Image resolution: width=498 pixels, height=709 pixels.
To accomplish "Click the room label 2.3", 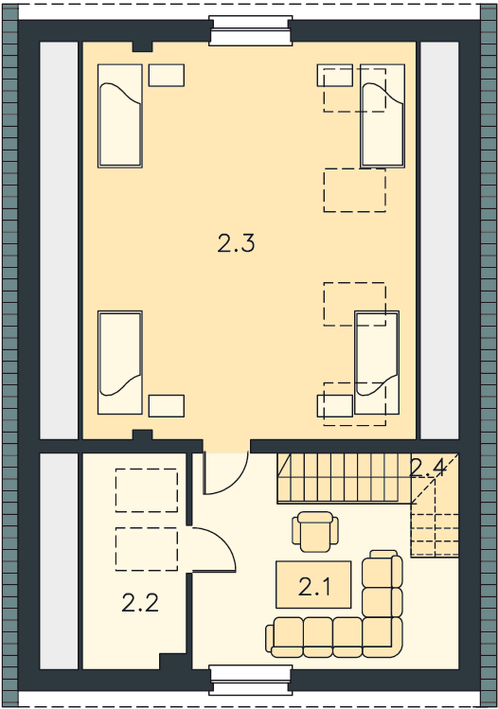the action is coord(236,244).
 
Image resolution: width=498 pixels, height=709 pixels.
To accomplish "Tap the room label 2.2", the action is coord(140,603).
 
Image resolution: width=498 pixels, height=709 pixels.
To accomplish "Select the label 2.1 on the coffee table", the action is coord(314,587).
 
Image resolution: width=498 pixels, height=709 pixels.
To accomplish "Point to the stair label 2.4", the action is coord(427,469).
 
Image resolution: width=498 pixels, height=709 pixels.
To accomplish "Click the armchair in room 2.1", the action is coord(315,532).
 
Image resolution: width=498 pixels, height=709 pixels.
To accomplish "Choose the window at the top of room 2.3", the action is coord(250,30).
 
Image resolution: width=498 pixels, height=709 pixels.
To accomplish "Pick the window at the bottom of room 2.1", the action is coord(250,680).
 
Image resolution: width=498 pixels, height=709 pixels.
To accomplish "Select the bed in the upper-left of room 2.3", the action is coord(120,115).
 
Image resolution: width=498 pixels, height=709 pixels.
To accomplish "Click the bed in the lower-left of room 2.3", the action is coord(120,363).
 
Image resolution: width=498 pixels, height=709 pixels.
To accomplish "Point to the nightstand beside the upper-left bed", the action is coord(167,75).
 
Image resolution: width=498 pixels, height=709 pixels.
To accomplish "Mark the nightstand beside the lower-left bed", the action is coord(167,405).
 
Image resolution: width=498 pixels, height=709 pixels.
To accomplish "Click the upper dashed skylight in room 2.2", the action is coord(147,490).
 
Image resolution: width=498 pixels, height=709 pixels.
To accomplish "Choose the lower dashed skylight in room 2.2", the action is coord(147,549).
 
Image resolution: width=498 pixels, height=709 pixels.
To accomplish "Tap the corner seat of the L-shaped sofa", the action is coord(382,636).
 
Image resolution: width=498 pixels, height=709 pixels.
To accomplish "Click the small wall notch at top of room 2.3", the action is coord(142,46).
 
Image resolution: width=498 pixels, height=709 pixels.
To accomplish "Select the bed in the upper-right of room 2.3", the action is coord(382,115).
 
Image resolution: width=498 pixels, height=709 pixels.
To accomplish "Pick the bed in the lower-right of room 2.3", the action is coord(377,363).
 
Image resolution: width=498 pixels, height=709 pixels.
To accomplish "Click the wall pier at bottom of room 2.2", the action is coord(172,661).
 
